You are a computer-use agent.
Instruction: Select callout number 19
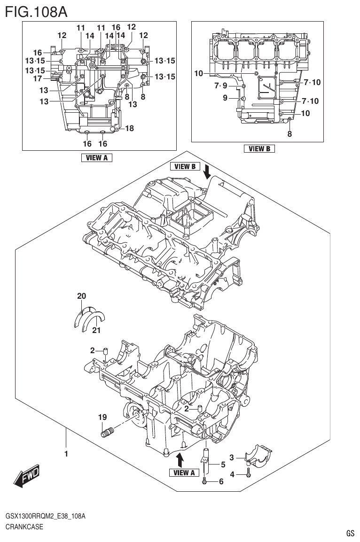pos(102,417)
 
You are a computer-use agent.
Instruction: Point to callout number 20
pos(82,296)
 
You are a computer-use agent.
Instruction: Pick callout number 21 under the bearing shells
pos(96,331)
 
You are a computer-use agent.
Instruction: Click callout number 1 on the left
pos(66,454)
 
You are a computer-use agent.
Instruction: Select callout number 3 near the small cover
pos(232,457)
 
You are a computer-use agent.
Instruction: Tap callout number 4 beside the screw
pos(232,474)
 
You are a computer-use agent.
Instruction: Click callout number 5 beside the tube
pos(217,465)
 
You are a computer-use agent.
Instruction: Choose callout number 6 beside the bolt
pos(221,481)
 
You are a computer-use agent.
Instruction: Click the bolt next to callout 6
pos(205,481)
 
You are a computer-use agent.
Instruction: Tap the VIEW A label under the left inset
pos(97,158)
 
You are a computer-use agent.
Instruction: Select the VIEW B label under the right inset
pos(259,149)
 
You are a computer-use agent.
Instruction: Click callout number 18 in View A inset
pos(130,128)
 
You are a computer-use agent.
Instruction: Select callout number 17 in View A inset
pos(38,78)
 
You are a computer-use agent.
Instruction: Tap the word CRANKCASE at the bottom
pos(24,527)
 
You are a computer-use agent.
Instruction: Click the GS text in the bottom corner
pos(350,533)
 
